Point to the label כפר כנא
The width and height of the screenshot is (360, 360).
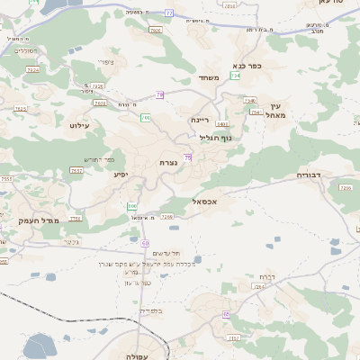(x=247, y=66)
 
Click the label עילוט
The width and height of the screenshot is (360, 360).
(x=79, y=125)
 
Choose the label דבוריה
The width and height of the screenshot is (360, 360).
(x=310, y=175)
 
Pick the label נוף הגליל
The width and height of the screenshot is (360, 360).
(x=216, y=137)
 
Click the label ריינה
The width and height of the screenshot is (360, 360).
(x=200, y=119)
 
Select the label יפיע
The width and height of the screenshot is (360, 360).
(x=121, y=174)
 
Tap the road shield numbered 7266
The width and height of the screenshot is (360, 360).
(x=166, y=216)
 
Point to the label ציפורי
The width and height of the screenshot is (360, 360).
(x=107, y=61)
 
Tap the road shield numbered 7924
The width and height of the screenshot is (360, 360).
(x=32, y=69)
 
